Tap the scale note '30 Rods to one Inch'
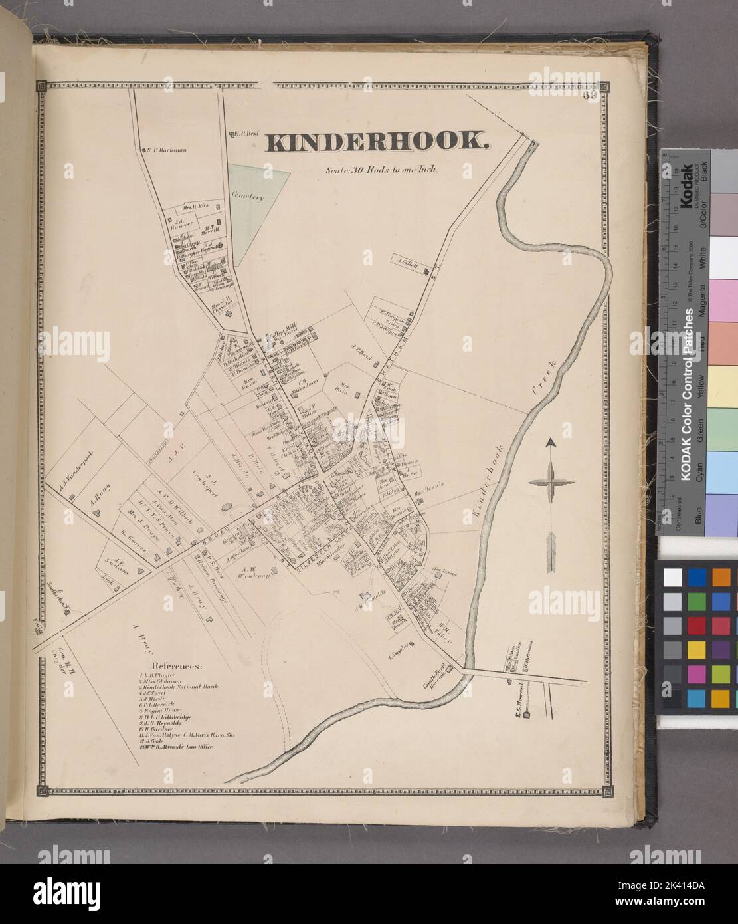point(380,169)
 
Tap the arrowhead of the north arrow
point(551,443)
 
